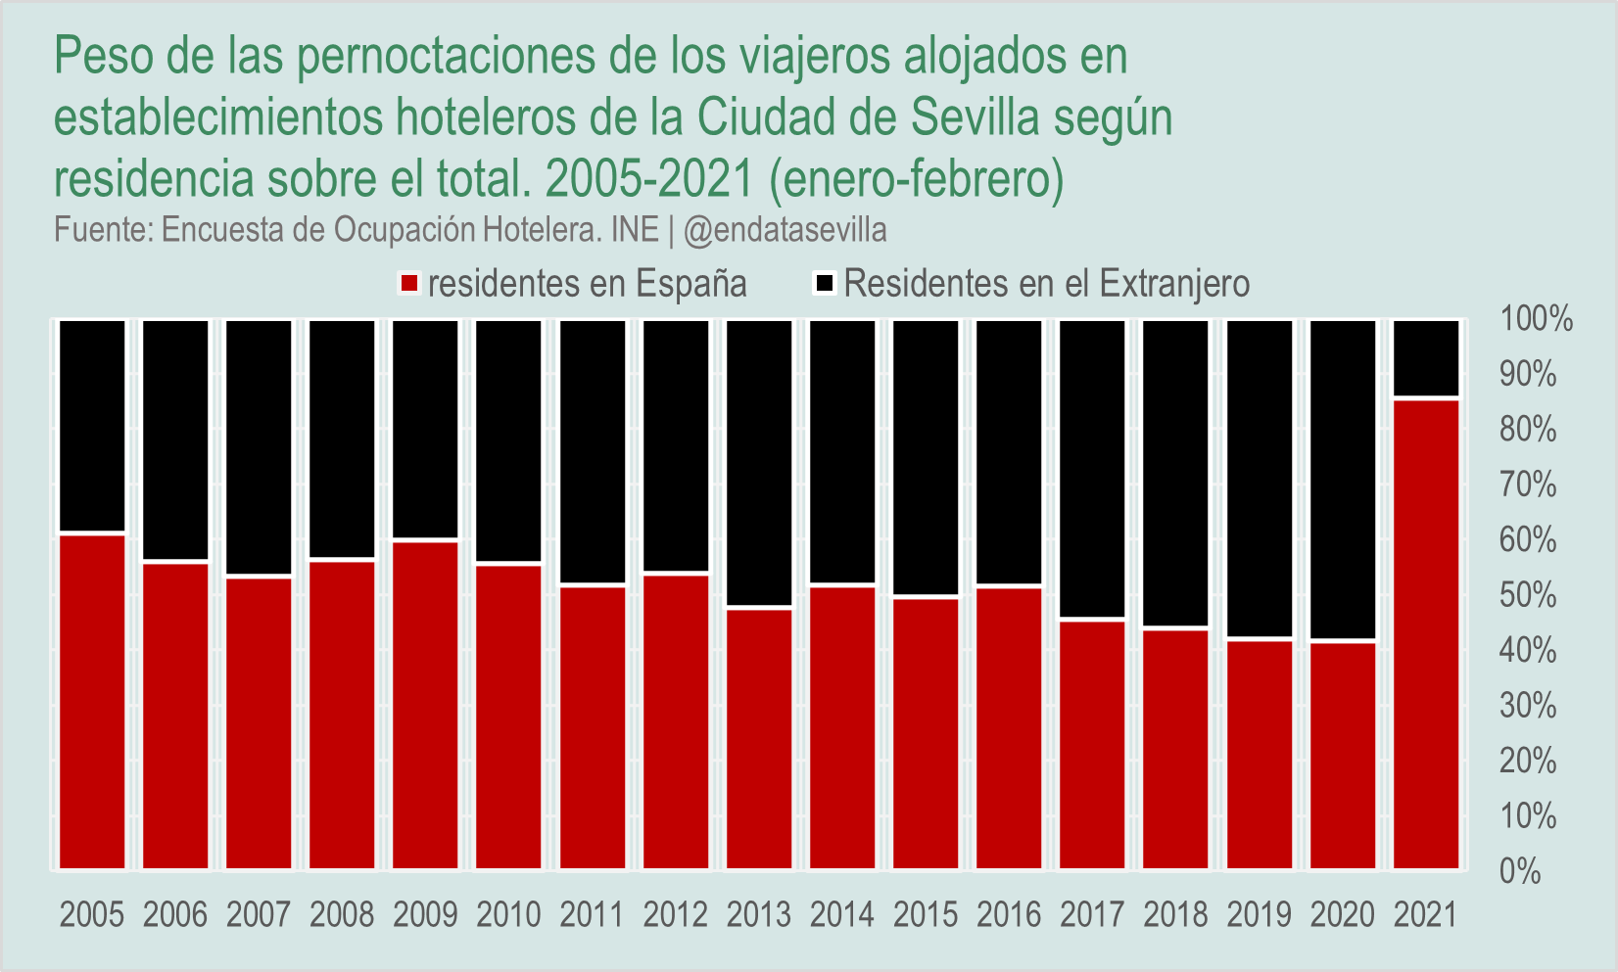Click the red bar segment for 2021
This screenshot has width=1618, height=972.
pyautogui.click(x=1426, y=633)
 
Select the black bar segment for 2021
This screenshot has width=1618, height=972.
pyautogui.click(x=1426, y=358)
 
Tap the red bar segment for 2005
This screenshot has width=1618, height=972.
pyautogui.click(x=93, y=701)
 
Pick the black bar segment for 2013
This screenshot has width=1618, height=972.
pyautogui.click(x=759, y=463)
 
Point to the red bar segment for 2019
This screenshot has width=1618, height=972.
pyautogui.click(x=1260, y=755)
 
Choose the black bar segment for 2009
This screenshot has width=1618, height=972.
pyautogui.click(x=426, y=430)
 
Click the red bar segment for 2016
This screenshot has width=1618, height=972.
pyautogui.click(x=1009, y=727)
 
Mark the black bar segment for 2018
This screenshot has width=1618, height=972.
pyautogui.click(x=1176, y=473)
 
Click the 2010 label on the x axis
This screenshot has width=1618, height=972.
pyautogui.click(x=509, y=915)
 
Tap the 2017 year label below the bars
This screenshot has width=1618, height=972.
pyautogui.click(x=1092, y=915)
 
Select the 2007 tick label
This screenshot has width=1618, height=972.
pyautogui.click(x=259, y=915)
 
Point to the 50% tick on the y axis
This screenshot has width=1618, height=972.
pyautogui.click(x=1528, y=595)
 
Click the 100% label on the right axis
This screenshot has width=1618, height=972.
pyautogui.click(x=1536, y=319)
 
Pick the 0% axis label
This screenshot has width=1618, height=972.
pyautogui.click(x=1520, y=871)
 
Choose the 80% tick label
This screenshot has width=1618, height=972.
pyautogui.click(x=1528, y=430)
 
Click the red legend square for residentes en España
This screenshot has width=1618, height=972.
pyautogui.click(x=409, y=284)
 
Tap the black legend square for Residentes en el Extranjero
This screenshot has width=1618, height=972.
pyautogui.click(x=825, y=284)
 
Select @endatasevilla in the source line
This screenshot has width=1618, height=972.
pyautogui.click(x=785, y=230)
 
